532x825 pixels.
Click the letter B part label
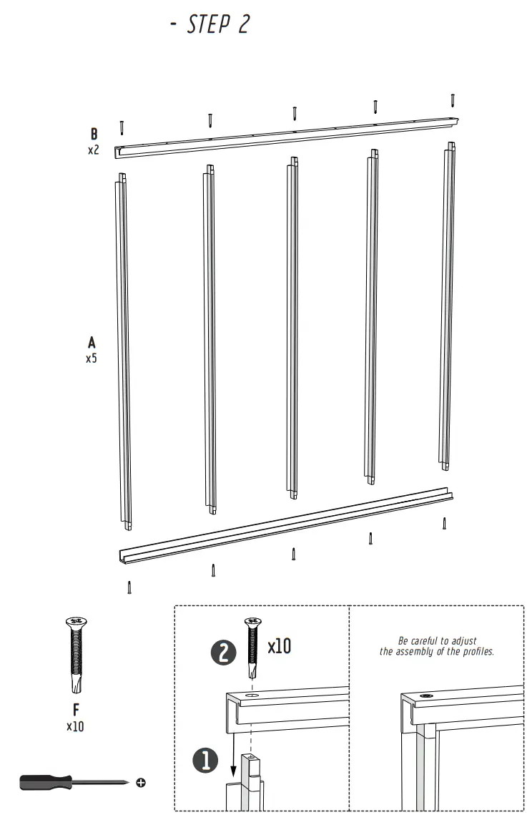[x=94, y=135]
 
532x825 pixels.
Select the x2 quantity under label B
[x=93, y=151]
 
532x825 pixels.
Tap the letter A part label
[x=92, y=343]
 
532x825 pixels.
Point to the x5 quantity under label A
[x=92, y=358]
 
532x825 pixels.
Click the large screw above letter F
[x=75, y=654]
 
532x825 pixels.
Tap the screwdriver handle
[x=44, y=782]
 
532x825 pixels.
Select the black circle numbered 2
[x=222, y=652]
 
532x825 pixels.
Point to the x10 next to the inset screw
[x=279, y=647]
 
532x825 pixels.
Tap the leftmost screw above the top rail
[x=123, y=127]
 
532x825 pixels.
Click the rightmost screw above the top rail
[x=453, y=100]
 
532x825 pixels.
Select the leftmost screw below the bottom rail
[x=129, y=587]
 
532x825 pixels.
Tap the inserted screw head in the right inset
[x=427, y=695]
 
